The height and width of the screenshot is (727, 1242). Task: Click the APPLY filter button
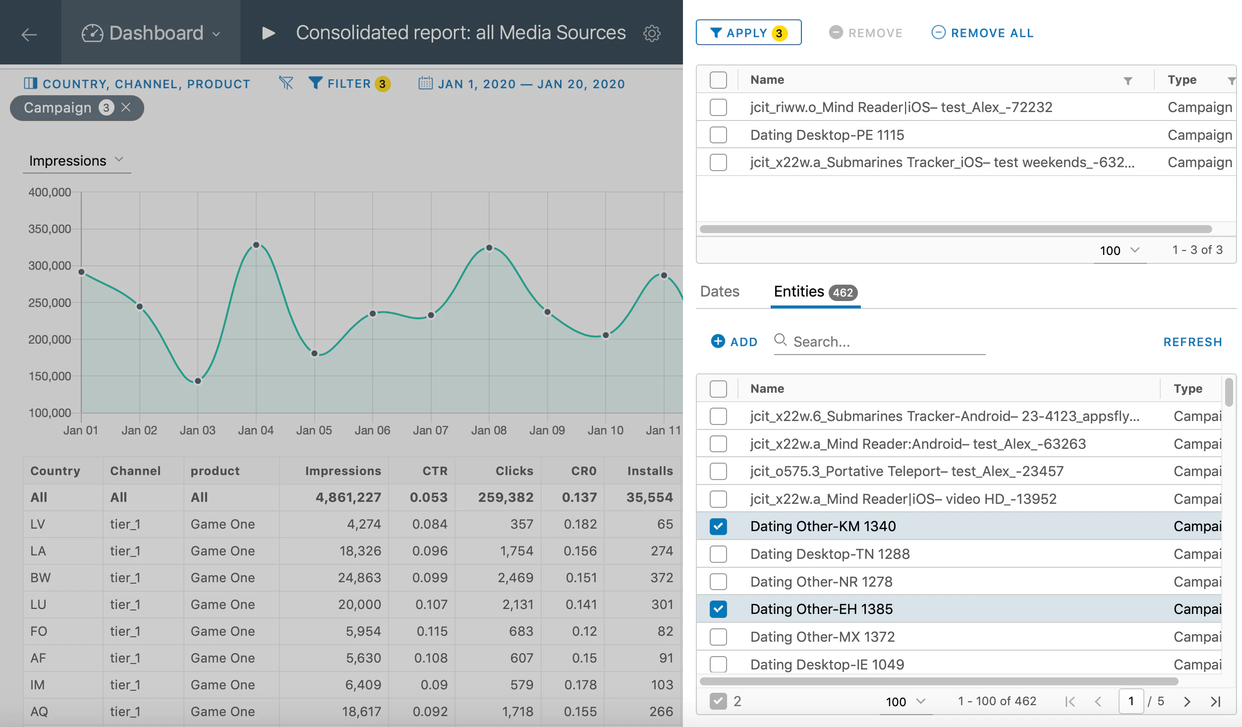click(x=748, y=33)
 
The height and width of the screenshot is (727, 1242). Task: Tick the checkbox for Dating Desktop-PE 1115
click(x=718, y=135)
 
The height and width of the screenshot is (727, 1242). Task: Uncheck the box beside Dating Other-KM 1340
click(x=718, y=526)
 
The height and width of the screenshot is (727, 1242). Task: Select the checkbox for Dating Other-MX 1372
click(x=718, y=637)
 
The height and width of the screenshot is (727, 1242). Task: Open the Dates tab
click(x=720, y=292)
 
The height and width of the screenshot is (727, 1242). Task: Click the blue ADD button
click(x=734, y=342)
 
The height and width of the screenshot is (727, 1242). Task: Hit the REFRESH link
click(x=1192, y=342)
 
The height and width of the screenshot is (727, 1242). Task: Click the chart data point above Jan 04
click(x=256, y=245)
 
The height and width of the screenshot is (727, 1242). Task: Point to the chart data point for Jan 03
click(x=198, y=381)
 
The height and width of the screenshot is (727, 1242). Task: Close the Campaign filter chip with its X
click(x=126, y=107)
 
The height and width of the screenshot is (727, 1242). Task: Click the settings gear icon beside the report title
click(x=652, y=33)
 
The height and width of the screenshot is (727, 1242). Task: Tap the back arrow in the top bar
click(x=29, y=34)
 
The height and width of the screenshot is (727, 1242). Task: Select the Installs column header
click(x=650, y=471)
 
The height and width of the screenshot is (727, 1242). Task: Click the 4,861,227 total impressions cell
click(x=348, y=497)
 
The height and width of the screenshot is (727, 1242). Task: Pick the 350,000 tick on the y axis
click(x=50, y=229)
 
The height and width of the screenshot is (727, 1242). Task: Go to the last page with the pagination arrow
click(x=1215, y=701)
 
